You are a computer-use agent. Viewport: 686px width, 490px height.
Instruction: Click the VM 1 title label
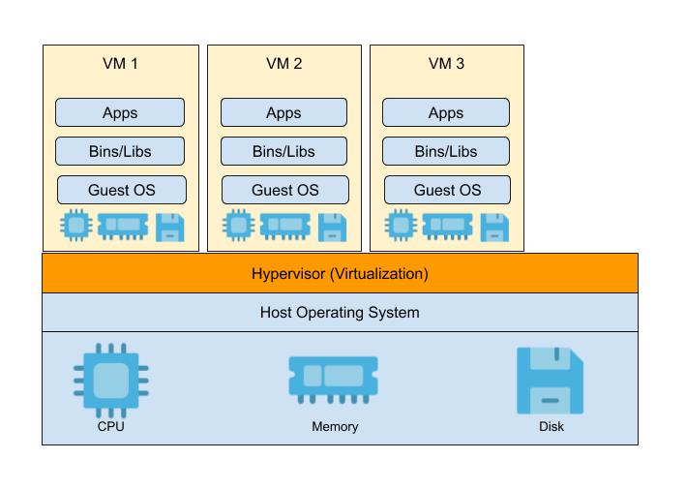pyautogui.click(x=120, y=65)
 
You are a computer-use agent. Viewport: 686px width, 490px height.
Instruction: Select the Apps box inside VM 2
pyautogui.click(x=283, y=112)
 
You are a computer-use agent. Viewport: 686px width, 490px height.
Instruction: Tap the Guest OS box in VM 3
pyautogui.click(x=447, y=190)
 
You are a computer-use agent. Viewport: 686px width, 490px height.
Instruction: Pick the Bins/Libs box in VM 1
pyautogui.click(x=120, y=151)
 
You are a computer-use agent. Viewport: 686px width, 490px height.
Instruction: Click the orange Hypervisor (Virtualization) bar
pyautogui.click(x=340, y=273)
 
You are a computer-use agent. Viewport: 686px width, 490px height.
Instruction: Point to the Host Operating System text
pyautogui.click(x=340, y=313)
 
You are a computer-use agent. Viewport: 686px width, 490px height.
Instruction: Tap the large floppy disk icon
pyautogui.click(x=550, y=380)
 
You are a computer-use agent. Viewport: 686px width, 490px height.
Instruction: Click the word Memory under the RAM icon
pyautogui.click(x=335, y=426)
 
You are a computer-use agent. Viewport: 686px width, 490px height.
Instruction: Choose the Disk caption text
pyautogui.click(x=551, y=426)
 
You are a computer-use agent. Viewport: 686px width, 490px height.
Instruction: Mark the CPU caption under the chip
pyautogui.click(x=110, y=426)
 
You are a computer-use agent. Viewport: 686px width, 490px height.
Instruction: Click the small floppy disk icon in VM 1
pyautogui.click(x=170, y=227)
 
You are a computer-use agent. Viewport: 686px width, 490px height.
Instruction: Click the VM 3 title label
pyautogui.click(x=446, y=65)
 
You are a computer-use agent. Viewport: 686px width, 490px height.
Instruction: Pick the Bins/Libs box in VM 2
pyautogui.click(x=283, y=151)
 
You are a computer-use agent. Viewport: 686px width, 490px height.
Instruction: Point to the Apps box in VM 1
pyautogui.click(x=120, y=112)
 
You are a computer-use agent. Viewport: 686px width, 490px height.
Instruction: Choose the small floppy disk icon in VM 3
pyautogui.click(x=494, y=227)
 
